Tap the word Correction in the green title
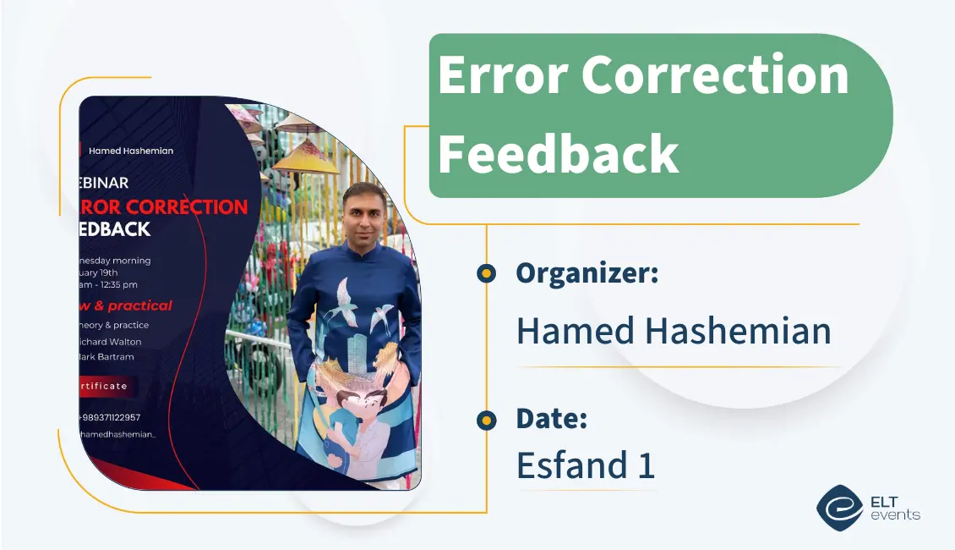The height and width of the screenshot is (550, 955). (x=715, y=76)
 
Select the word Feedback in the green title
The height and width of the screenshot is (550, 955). (x=558, y=154)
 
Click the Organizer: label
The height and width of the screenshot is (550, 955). (x=587, y=273)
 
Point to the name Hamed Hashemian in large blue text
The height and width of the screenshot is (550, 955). (x=674, y=330)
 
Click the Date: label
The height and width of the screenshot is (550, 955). (x=551, y=418)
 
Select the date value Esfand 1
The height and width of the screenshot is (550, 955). (x=585, y=465)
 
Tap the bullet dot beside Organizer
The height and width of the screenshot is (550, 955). (x=486, y=273)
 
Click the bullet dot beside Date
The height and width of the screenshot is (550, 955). (x=486, y=420)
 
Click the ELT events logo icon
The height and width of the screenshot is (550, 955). (x=838, y=507)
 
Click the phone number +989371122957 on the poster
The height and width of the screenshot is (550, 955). (x=110, y=417)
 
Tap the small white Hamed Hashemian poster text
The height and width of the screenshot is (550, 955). (x=130, y=151)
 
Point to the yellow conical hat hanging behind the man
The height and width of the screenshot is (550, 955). (x=306, y=157)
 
